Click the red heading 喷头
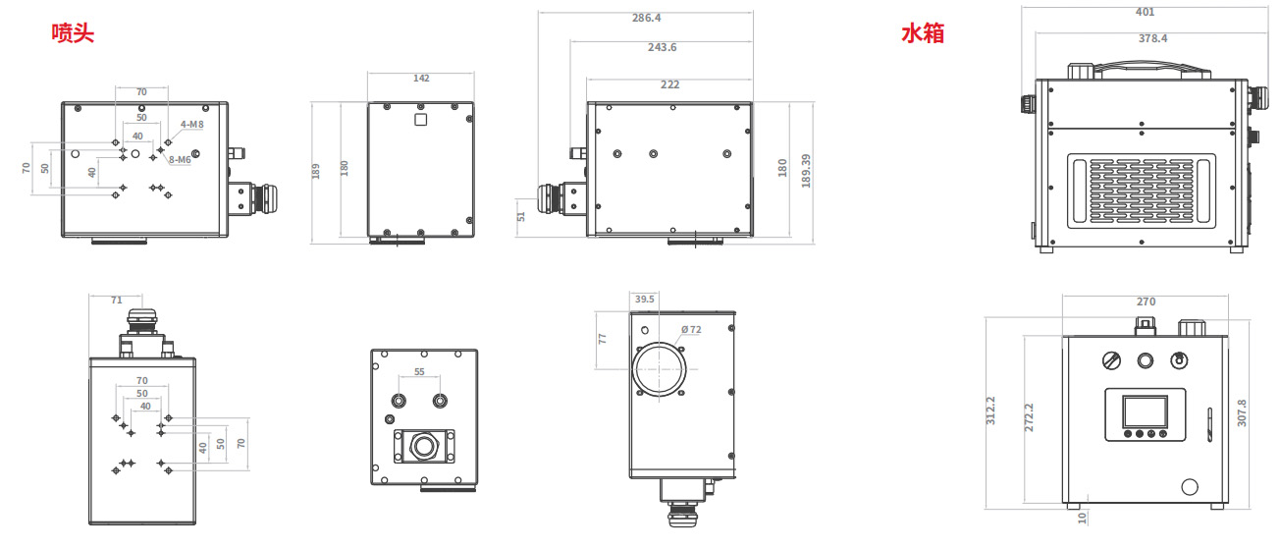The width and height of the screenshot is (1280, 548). pos(73,33)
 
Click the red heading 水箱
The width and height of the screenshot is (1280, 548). pos(923,33)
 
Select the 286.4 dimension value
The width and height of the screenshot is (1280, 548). pos(646,18)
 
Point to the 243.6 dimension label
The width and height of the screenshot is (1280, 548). pos(663,47)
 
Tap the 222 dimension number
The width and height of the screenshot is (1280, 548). pos(669,84)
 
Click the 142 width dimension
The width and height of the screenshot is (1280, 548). pos(421,78)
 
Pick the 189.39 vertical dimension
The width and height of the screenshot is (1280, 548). pos(806,171)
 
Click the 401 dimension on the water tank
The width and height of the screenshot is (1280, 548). pos(1146,12)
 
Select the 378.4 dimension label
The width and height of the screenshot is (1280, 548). pos(1153,38)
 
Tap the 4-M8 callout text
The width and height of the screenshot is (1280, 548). pos(192,124)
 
